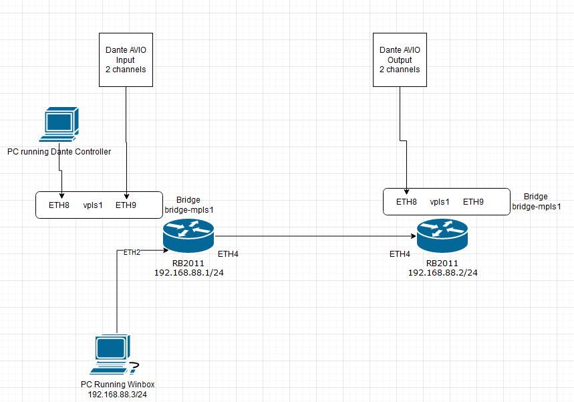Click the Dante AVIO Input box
point(126,60)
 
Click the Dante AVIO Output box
point(400,60)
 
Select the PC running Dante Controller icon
point(59,124)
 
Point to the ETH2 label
point(132,252)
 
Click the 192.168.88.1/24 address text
point(188,273)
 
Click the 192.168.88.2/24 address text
point(442,273)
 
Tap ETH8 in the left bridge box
point(59,205)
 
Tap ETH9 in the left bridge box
point(126,205)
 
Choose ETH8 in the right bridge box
point(406,201)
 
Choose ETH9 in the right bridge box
point(473,201)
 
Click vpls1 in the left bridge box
point(94,205)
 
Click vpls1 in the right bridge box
point(440,201)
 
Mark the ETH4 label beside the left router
point(228,254)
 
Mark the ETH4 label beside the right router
point(400,254)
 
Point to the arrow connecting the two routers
point(314,236)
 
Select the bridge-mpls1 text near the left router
point(188,210)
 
